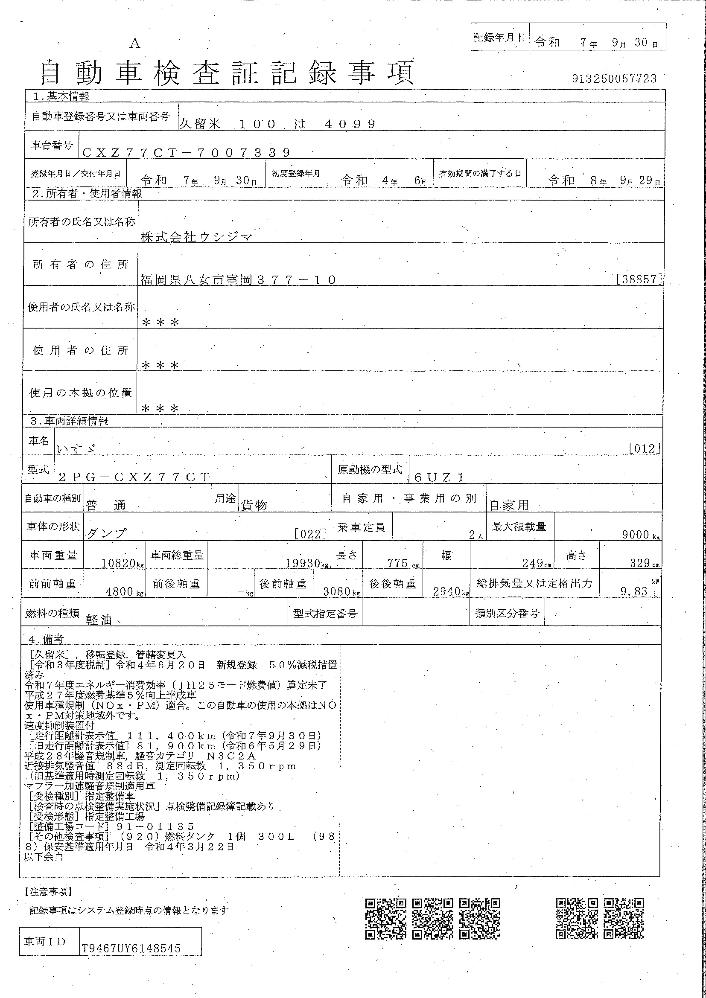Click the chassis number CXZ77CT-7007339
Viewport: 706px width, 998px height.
pos(186,153)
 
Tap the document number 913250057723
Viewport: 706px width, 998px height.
pos(614,79)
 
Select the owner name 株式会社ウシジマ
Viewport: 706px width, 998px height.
pos(196,237)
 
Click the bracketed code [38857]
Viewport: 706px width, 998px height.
pos(639,279)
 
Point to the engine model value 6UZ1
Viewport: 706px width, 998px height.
pos(440,477)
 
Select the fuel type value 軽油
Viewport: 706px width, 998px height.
pos(99,620)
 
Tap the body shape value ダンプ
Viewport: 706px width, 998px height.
pos(107,533)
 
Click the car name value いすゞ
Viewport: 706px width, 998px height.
pos(76,448)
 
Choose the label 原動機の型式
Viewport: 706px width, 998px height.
pos(370,470)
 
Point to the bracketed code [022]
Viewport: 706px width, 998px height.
pos(310,534)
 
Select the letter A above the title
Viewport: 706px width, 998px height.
pos(135,44)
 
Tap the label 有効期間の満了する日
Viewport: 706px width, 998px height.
pos(479,174)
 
